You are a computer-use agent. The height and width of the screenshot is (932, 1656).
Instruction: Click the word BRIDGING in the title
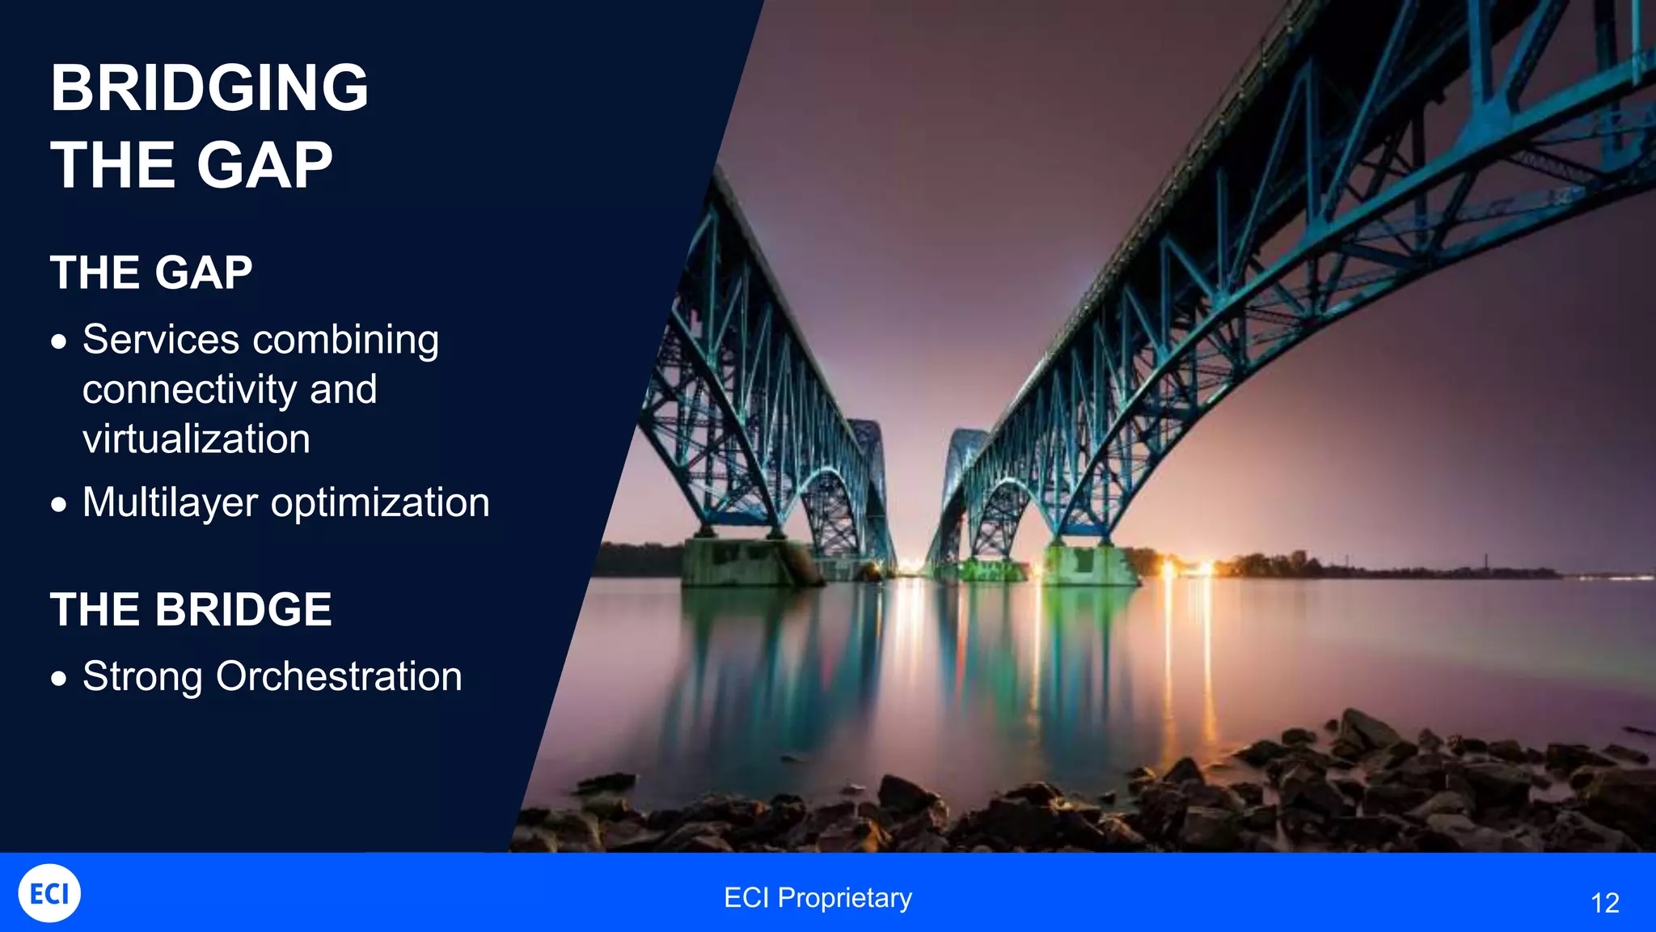pos(209,88)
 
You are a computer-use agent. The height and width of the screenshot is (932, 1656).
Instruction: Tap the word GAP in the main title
pos(264,166)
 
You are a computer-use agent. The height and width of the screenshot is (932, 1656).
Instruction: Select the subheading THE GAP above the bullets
pos(151,273)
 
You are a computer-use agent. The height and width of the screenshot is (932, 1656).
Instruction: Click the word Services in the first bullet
pos(160,339)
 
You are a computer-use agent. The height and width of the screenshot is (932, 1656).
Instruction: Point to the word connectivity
pos(189,390)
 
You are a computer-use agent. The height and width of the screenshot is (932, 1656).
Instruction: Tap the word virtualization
pos(196,439)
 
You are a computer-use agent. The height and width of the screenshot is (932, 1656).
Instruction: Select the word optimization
pos(380,503)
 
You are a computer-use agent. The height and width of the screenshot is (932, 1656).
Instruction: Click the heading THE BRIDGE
pos(191,609)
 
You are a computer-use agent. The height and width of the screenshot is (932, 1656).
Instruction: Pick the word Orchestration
pos(339,676)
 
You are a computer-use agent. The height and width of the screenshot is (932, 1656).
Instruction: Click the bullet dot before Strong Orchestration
pos(58,678)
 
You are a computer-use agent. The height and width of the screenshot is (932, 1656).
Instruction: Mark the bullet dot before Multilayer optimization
pos(58,505)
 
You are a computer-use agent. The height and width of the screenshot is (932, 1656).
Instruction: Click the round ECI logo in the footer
pos(49,893)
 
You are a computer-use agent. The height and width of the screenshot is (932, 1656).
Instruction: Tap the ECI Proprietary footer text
pos(817,898)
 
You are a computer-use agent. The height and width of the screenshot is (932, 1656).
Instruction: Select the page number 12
pos(1604,903)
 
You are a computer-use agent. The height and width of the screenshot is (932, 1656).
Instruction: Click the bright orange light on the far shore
pos(1168,569)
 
